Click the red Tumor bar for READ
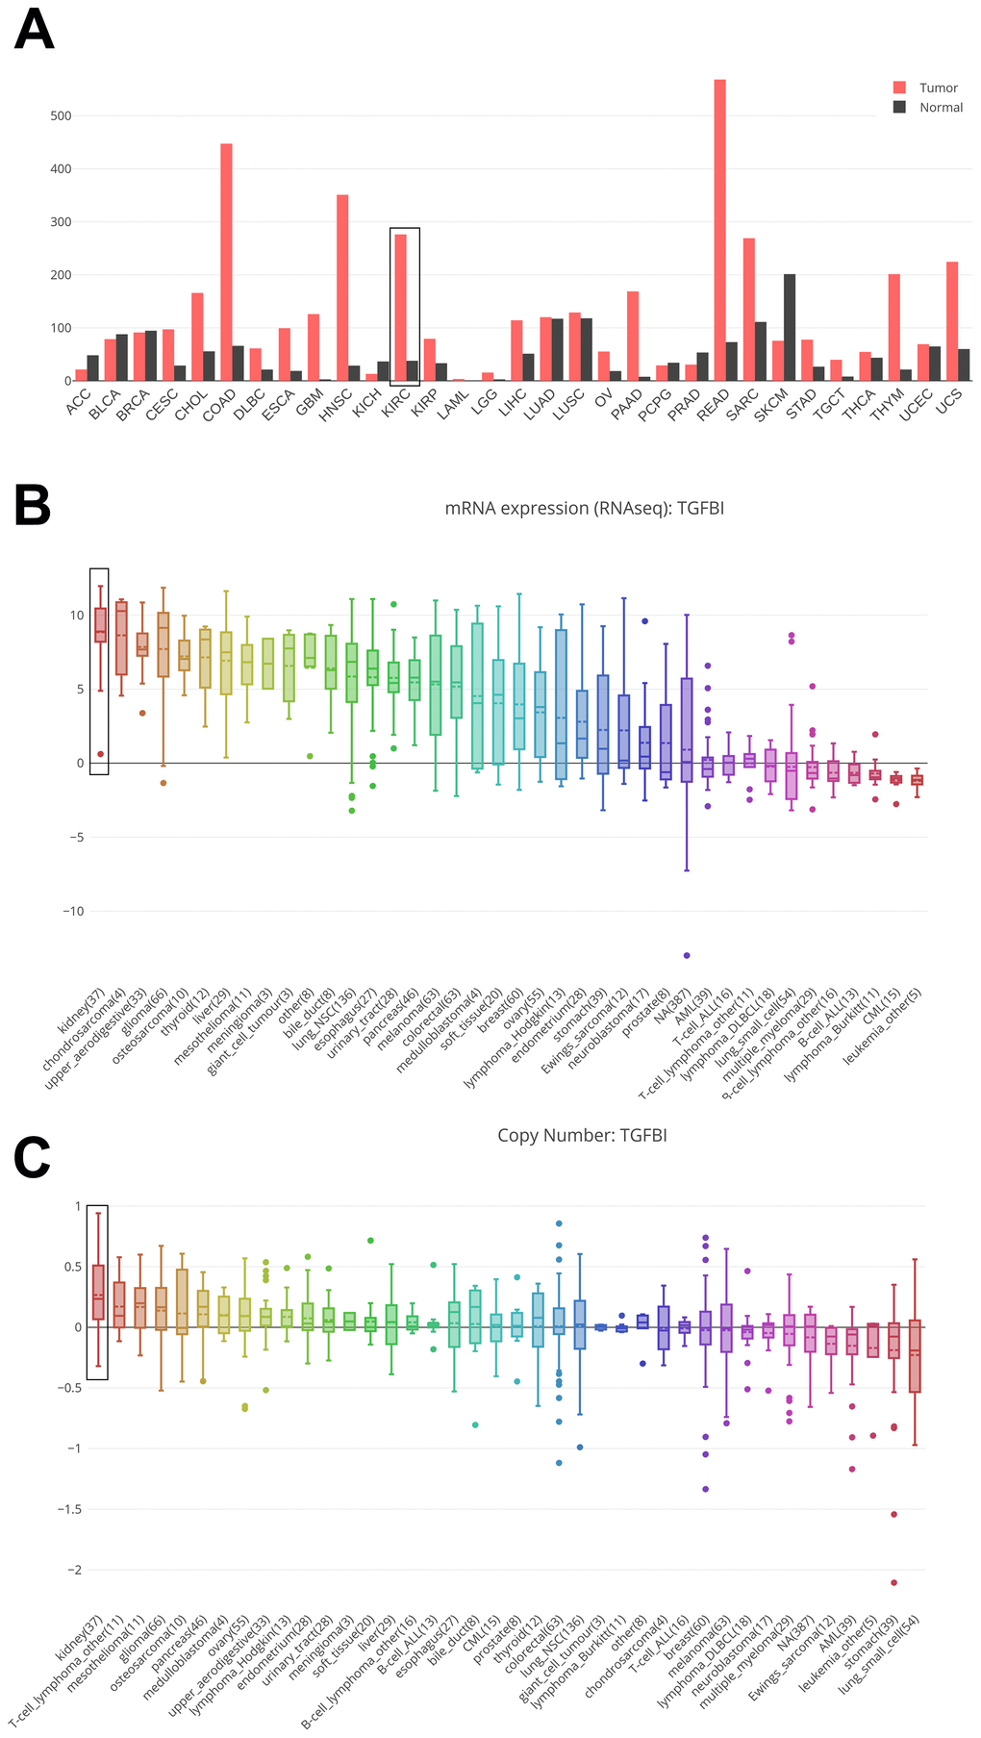pos(719,231)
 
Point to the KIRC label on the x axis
pos(396,405)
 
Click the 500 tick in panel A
pos(61,116)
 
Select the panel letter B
pos(32,505)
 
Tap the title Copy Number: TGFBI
pos(582,1135)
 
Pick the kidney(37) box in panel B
pos(100,625)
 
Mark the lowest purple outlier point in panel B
pos(687,955)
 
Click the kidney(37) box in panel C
pos(98,1292)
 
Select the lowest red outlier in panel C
pos(893,1582)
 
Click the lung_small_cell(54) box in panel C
pos(915,1356)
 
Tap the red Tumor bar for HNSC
pos(341,288)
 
